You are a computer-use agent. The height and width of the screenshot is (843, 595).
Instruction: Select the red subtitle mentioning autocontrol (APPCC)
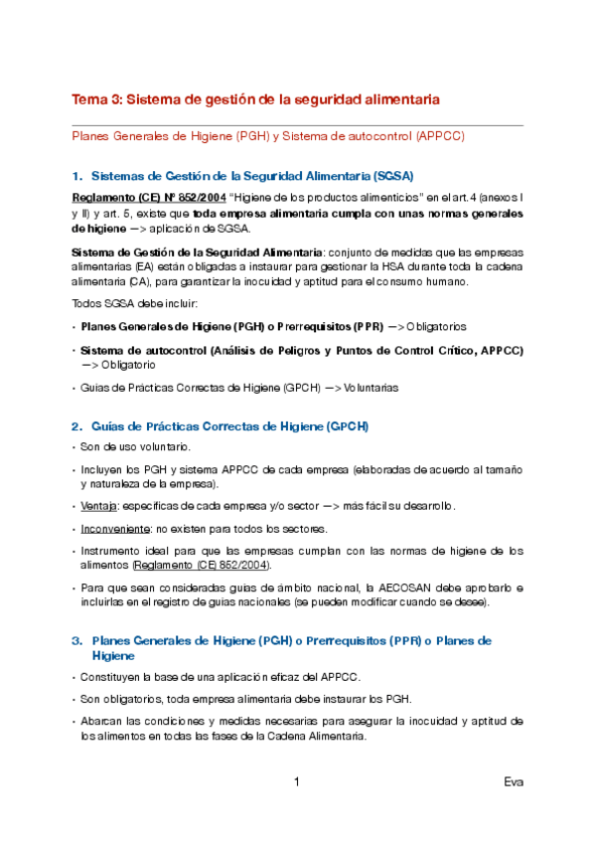point(268,136)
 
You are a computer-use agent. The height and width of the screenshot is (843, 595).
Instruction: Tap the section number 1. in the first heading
point(78,175)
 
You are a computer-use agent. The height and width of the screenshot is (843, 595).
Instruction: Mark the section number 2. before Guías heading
point(78,426)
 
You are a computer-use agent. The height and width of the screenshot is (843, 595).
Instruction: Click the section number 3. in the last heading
point(78,641)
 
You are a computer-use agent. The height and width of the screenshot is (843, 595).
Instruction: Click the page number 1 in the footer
point(297,782)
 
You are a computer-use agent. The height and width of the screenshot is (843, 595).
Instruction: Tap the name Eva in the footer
point(514,782)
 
